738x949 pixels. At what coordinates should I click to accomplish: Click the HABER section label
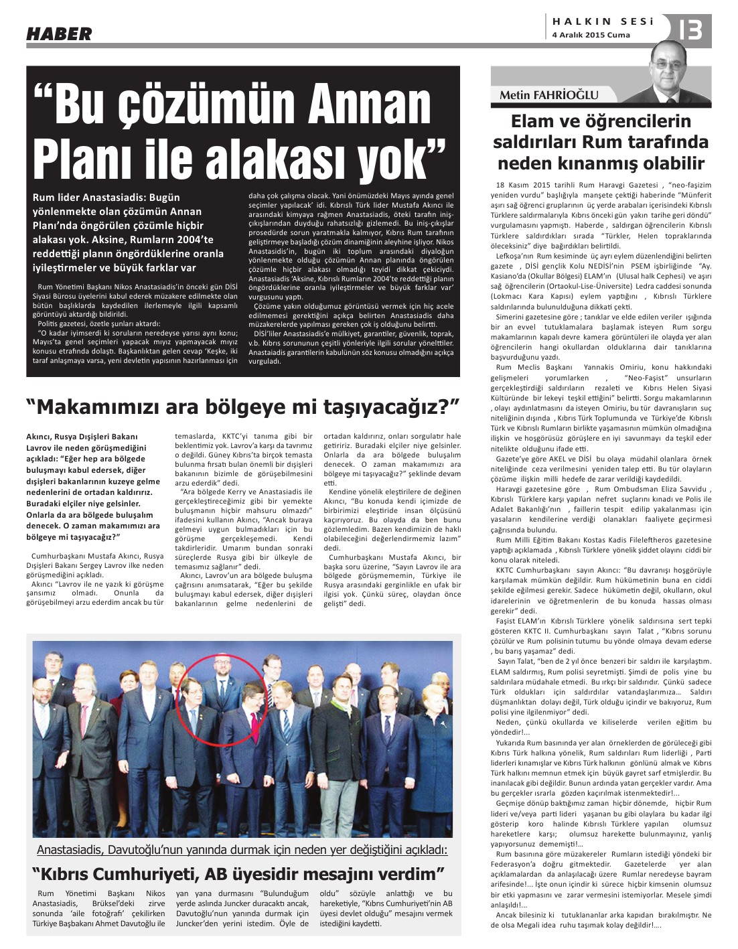pos(59,33)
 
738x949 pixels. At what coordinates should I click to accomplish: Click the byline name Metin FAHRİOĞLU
pos(548,95)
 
